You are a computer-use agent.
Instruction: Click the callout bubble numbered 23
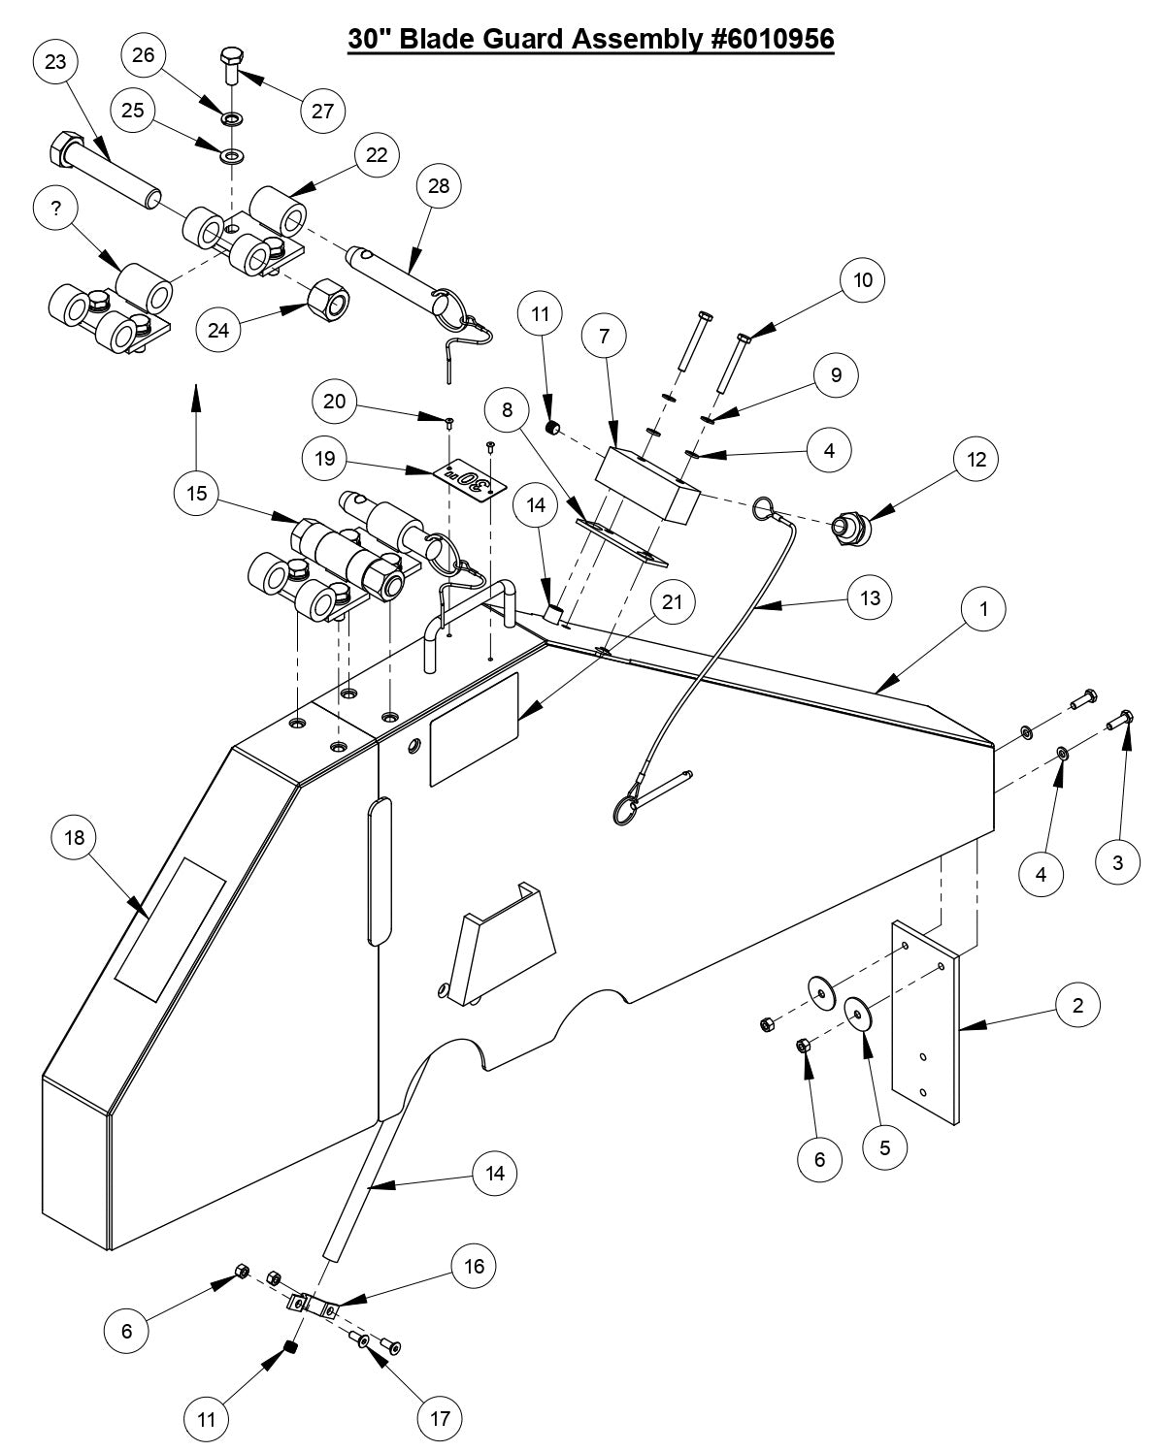pyautogui.click(x=56, y=62)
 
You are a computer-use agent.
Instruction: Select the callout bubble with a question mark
pyautogui.click(x=57, y=209)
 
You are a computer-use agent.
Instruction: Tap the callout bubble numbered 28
pyautogui.click(x=439, y=186)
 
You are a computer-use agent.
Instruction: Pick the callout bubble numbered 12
pyautogui.click(x=976, y=460)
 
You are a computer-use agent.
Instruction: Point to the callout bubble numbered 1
pyautogui.click(x=984, y=609)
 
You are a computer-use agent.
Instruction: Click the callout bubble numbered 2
pyautogui.click(x=1077, y=1006)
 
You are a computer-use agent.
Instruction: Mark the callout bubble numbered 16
pyautogui.click(x=475, y=1266)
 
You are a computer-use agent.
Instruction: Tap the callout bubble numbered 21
pyautogui.click(x=672, y=602)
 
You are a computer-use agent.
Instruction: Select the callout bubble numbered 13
pyautogui.click(x=870, y=598)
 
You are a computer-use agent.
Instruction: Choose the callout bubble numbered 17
pyautogui.click(x=439, y=1419)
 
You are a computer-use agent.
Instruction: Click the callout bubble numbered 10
pyautogui.click(x=862, y=281)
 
